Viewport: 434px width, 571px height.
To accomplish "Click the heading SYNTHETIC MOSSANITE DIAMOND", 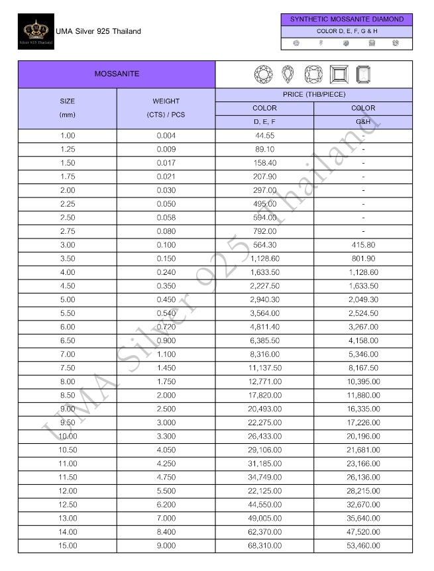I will (x=347, y=19).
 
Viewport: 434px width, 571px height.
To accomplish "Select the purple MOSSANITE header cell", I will (x=117, y=74).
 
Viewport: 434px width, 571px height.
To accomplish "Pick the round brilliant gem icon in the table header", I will (x=264, y=74).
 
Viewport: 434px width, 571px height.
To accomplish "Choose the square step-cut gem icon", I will (x=338, y=74).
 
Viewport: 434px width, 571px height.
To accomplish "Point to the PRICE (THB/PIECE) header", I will (x=313, y=95).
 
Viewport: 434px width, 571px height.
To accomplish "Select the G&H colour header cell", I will (x=363, y=122).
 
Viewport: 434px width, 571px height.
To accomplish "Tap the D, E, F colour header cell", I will (x=264, y=122).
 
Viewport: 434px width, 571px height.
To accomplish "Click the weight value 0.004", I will (x=166, y=135).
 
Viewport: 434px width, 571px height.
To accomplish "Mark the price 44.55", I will (x=264, y=135).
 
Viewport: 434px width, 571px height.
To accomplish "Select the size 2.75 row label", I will (x=68, y=231).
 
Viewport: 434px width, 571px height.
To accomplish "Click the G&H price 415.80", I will (x=363, y=244).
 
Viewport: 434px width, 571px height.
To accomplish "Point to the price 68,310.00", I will (x=264, y=545).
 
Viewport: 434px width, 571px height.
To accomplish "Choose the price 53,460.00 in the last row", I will (x=363, y=545).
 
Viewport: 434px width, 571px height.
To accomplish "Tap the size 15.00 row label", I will (x=68, y=545).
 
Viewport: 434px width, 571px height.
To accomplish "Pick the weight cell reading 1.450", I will (x=166, y=368).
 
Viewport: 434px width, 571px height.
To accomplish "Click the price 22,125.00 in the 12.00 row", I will (x=264, y=491).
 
